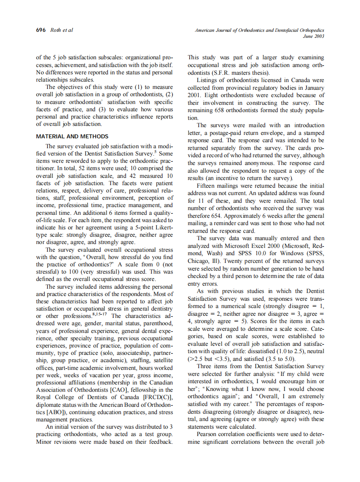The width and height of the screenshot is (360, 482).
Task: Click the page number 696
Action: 41,30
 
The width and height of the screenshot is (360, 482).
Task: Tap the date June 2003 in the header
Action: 314,36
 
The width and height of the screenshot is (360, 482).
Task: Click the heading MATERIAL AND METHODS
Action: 72,137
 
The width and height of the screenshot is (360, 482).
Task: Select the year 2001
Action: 195,95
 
